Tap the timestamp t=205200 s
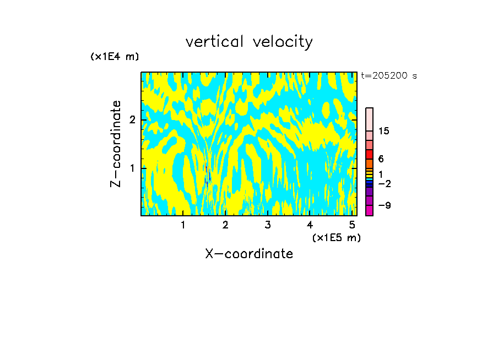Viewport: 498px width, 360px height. point(389,76)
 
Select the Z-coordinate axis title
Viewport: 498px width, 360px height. point(116,144)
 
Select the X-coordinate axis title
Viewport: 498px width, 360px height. point(249,254)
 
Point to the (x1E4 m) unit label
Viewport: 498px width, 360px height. point(115,57)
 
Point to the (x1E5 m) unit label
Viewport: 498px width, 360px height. point(336,237)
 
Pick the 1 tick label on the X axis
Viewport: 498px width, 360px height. point(183,225)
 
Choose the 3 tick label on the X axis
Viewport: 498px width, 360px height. point(268,225)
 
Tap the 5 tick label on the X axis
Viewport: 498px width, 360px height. point(352,225)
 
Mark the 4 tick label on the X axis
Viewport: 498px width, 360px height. point(310,225)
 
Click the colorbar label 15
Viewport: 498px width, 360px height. point(384,131)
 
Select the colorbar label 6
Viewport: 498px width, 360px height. point(381,159)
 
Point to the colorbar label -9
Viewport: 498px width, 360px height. point(385,205)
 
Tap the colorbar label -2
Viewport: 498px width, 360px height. point(385,184)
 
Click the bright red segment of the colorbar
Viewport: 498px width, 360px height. point(370,154)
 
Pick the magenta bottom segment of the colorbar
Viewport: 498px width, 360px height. point(370,210)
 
